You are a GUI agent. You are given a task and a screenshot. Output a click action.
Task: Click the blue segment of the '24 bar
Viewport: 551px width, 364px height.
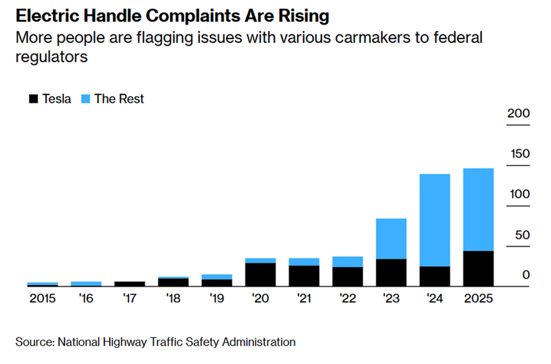pos(435,220)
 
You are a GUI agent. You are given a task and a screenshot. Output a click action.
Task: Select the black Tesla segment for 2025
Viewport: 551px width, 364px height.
pos(478,269)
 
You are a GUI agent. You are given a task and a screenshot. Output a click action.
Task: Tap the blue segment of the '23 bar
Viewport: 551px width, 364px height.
pos(391,238)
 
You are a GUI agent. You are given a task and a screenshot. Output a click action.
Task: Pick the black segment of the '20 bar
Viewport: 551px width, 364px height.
pos(260,275)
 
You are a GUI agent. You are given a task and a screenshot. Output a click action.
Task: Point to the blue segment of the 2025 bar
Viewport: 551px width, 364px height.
pos(478,210)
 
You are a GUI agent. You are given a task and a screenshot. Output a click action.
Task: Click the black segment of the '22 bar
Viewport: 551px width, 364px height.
pos(347,277)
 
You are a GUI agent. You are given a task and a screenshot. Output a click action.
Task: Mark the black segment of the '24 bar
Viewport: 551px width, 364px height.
pos(435,276)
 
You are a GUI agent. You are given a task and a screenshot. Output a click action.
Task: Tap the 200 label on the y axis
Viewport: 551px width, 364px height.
pos(519,113)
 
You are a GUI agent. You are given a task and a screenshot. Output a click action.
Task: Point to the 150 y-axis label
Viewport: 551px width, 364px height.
pos(519,154)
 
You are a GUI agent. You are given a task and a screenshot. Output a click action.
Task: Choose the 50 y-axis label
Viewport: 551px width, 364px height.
pos(522,234)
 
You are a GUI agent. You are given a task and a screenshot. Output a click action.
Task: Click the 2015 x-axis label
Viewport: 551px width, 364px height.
pos(42,298)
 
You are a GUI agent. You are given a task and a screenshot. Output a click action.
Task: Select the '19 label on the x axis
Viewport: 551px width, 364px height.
pos(216,298)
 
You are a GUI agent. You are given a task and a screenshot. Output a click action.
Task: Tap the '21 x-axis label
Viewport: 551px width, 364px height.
pos(304,298)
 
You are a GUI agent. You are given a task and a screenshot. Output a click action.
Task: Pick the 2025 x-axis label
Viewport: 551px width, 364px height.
pos(478,298)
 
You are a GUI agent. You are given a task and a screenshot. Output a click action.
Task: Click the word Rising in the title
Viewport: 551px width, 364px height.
pos(294,15)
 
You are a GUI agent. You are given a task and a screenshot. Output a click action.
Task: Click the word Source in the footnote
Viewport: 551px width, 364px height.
pos(34,342)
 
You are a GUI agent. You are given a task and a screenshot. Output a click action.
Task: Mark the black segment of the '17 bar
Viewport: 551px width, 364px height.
pos(129,284)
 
